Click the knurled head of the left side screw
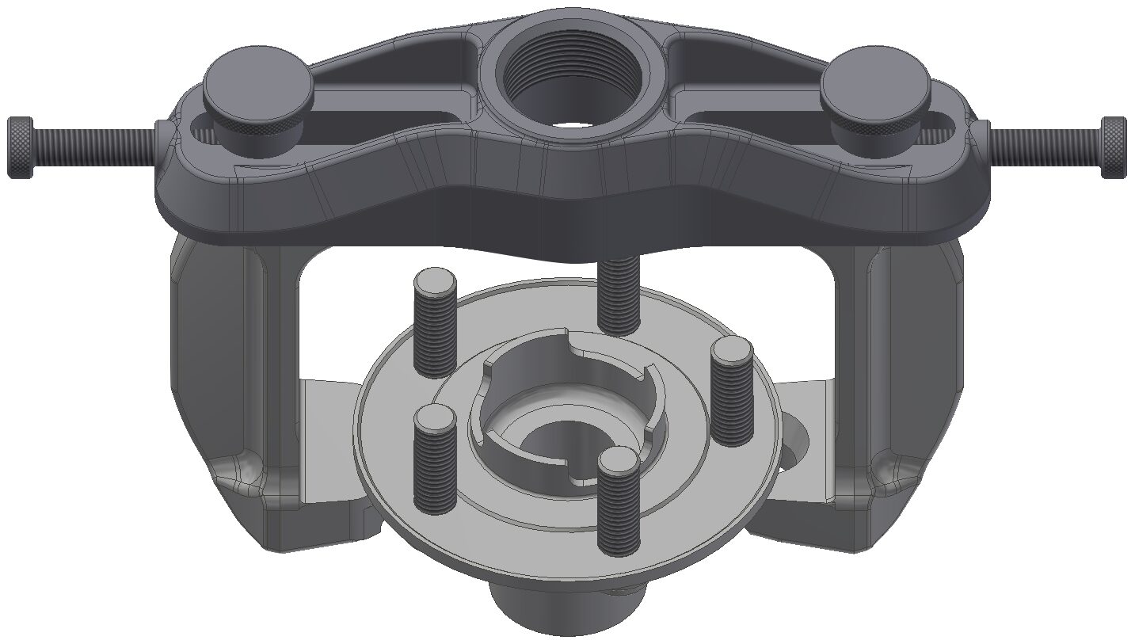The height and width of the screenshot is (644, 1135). (21, 147)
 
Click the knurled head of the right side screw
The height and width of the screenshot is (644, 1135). (1113, 147)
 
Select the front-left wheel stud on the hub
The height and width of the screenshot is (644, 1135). (436, 458)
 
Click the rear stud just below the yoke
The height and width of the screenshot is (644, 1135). (619, 297)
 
